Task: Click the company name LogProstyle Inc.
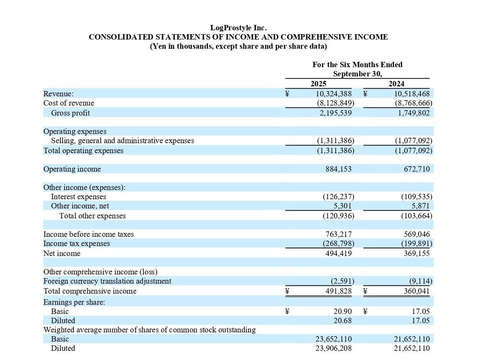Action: pos(238,28)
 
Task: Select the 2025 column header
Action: pos(318,84)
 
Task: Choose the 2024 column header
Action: pos(396,84)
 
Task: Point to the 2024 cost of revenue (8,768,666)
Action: pos(414,103)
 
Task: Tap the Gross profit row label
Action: pos(70,113)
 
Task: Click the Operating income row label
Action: pos(72,169)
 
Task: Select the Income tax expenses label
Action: pos(76,243)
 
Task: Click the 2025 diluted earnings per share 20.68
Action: pos(342,320)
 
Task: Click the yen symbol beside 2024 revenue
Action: pos(365,93)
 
